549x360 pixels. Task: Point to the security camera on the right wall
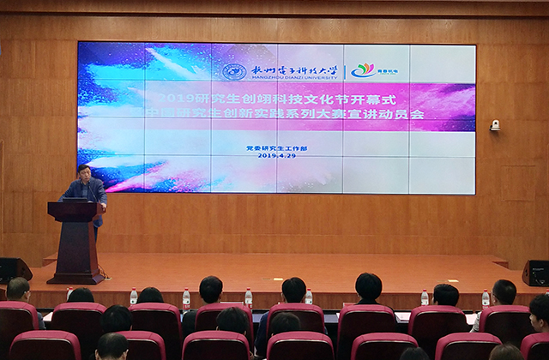pyautogui.click(x=495, y=125)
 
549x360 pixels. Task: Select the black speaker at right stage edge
pyautogui.click(x=535, y=273)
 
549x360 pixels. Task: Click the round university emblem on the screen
pyautogui.click(x=233, y=71)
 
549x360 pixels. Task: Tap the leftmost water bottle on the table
pyautogui.click(x=134, y=297)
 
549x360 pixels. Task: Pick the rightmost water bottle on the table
pyautogui.click(x=486, y=298)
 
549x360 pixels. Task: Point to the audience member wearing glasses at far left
pyautogui.click(x=19, y=291)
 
